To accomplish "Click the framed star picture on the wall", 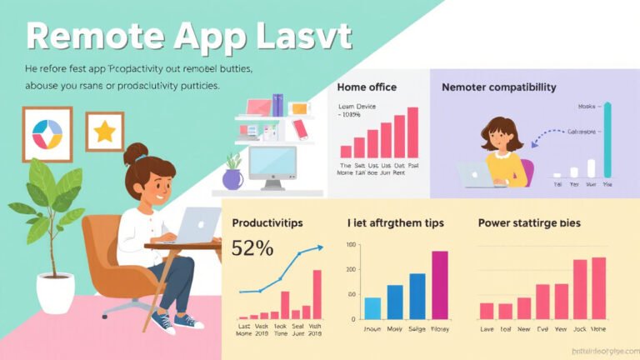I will pos(104,132).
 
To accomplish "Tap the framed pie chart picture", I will pos(47,134).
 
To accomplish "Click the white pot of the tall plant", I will pos(55,293).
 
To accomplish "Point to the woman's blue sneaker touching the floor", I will pos(187,321).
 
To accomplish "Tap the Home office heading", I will pos(367,87).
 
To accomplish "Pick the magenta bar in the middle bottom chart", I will pos(439,285).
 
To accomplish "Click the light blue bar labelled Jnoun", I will pos(372,308).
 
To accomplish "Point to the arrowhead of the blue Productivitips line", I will pos(320,247).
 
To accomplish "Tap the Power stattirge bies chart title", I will pos(529,223).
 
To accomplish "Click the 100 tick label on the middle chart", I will pos(350,245).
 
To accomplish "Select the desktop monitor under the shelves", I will pos(272,166).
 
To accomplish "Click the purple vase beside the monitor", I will pos(232,177).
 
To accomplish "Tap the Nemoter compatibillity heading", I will pos(498,87).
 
